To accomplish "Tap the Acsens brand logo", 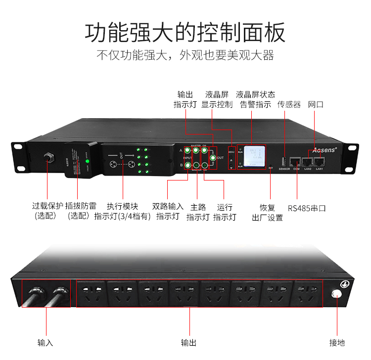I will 324,148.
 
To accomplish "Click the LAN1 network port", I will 319,161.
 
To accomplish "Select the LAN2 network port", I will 308,161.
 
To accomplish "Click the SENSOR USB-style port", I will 284,161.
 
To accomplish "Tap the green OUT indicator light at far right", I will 213,158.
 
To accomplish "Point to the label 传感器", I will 289,104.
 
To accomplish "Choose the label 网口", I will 316,104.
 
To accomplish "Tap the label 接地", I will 337,342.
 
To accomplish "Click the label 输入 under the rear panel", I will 45,342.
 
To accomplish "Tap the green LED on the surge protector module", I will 87,161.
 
